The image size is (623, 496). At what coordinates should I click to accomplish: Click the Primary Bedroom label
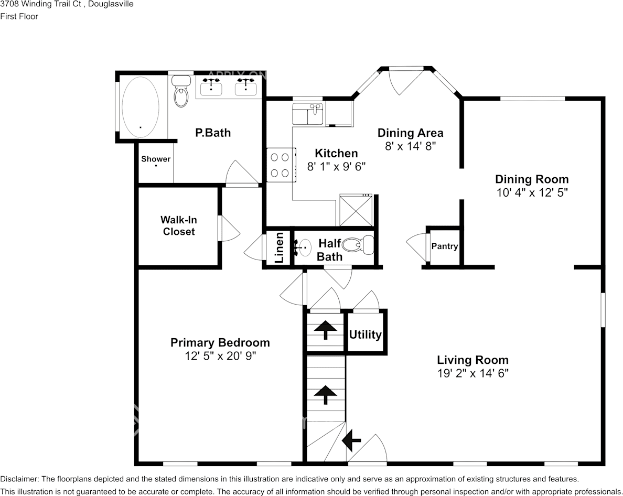coord(220,342)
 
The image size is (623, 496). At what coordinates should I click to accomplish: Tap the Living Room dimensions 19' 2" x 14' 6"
coord(472,373)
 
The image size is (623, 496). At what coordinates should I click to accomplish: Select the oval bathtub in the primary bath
coord(140,107)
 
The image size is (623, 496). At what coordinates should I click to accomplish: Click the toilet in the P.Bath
coord(181,92)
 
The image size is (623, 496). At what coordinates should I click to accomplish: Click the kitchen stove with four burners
coord(280,165)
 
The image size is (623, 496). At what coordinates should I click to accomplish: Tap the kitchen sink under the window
coord(308,114)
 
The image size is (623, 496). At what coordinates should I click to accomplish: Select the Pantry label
coord(445,246)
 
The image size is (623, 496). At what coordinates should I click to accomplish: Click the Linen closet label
coord(280,248)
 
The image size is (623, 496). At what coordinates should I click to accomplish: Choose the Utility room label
coord(366,335)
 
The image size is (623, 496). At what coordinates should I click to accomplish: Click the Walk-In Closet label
coord(178,225)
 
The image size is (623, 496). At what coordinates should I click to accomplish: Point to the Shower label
coord(156,159)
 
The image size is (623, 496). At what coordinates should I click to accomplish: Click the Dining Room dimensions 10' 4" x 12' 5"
coord(532,192)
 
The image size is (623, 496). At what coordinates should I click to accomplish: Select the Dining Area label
coord(410,133)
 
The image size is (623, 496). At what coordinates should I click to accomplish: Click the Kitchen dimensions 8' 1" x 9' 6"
coord(336,167)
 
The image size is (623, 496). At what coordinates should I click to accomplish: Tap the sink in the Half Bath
coord(303,245)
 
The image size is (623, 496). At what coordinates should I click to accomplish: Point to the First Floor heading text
coord(19,16)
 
